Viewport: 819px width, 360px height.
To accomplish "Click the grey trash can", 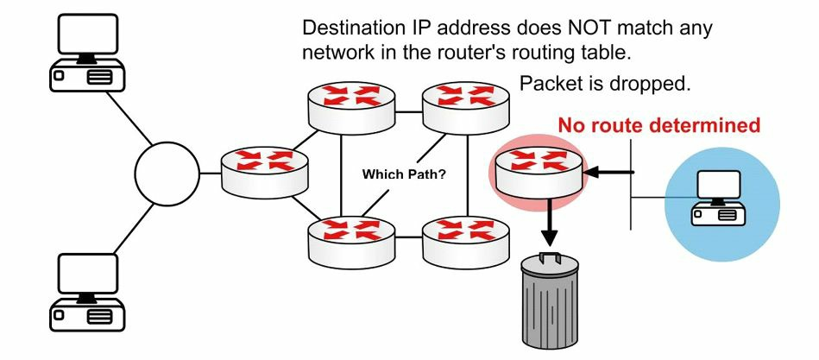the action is (550, 300).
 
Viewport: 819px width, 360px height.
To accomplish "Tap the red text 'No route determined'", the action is (659, 125).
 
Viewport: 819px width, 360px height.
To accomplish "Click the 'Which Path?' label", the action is (404, 174).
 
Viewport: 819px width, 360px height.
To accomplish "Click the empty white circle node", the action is (167, 174).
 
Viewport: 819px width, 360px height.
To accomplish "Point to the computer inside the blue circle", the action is (718, 198).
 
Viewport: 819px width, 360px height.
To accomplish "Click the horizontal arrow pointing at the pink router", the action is (610, 172).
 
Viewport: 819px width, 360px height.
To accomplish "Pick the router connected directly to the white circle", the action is (264, 172).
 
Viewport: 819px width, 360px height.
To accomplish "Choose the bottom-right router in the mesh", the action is (465, 237).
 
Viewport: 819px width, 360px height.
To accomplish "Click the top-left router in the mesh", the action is (351, 106).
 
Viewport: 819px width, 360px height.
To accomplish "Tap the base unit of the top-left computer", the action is (86, 76).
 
